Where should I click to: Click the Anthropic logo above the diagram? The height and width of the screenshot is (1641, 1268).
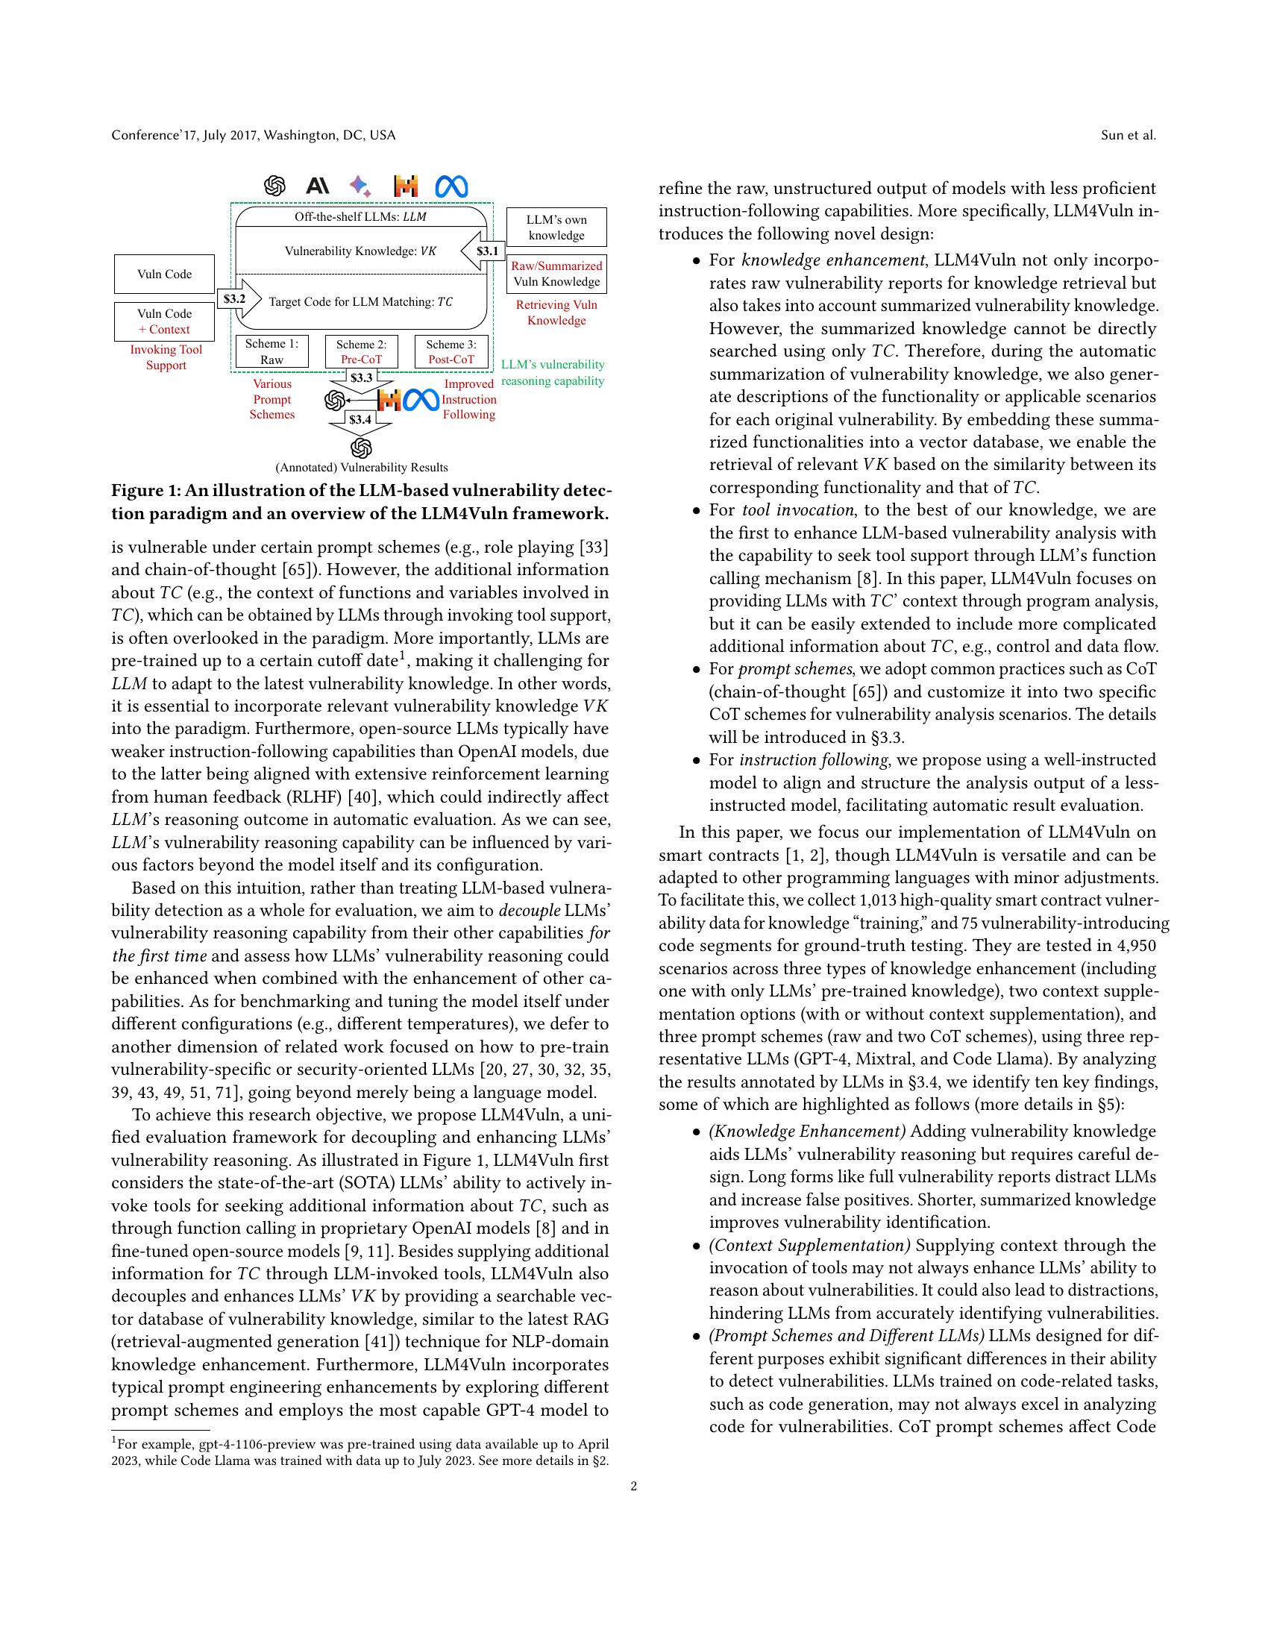click(318, 186)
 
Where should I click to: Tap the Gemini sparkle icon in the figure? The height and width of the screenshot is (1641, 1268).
click(360, 186)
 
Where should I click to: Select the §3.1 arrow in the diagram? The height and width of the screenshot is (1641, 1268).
click(483, 251)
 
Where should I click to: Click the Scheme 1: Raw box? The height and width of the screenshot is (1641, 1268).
click(272, 351)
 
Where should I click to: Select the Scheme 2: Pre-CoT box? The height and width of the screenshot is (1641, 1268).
click(361, 351)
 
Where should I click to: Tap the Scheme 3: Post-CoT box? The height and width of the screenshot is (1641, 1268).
click(451, 351)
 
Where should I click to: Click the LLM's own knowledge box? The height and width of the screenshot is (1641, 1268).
click(556, 228)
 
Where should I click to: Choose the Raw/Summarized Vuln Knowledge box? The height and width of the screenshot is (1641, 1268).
click(556, 274)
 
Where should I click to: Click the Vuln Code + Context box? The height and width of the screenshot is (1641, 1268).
click(164, 321)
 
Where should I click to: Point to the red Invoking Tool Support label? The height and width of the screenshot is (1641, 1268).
click(166, 357)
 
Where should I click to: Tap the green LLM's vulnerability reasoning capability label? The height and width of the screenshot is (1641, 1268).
click(553, 373)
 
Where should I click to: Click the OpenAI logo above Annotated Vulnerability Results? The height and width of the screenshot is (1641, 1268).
click(361, 448)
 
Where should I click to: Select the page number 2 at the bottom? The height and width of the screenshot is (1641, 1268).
click(634, 1486)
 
